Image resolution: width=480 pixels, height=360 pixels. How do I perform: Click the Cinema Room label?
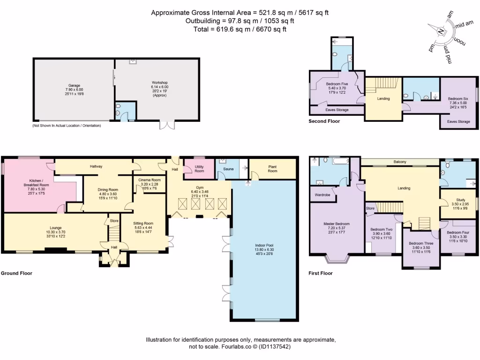[150, 180]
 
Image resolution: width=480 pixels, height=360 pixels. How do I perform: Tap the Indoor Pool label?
[264, 245]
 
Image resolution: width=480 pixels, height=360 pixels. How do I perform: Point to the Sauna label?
[228, 169]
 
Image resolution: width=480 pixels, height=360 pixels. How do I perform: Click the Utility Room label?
[199, 169]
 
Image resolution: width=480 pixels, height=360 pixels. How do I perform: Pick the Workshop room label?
[160, 82]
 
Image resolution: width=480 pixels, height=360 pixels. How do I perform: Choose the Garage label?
[74, 86]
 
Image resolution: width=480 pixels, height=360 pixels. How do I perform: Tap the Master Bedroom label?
[337, 224]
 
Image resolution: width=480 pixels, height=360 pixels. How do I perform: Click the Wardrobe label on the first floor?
[322, 195]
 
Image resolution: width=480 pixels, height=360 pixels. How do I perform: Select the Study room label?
[460, 200]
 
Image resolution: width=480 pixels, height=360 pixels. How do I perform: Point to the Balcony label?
[400, 162]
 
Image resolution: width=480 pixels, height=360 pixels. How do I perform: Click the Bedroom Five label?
[337, 84]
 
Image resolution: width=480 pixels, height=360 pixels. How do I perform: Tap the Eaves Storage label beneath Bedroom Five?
[337, 110]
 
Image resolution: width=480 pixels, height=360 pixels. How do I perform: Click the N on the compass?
[441, 31]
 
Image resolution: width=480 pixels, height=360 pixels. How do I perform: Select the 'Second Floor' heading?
[324, 121]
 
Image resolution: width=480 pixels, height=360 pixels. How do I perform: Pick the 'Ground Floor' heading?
[16, 273]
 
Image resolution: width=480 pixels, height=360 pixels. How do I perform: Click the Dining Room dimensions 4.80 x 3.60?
[108, 194]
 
